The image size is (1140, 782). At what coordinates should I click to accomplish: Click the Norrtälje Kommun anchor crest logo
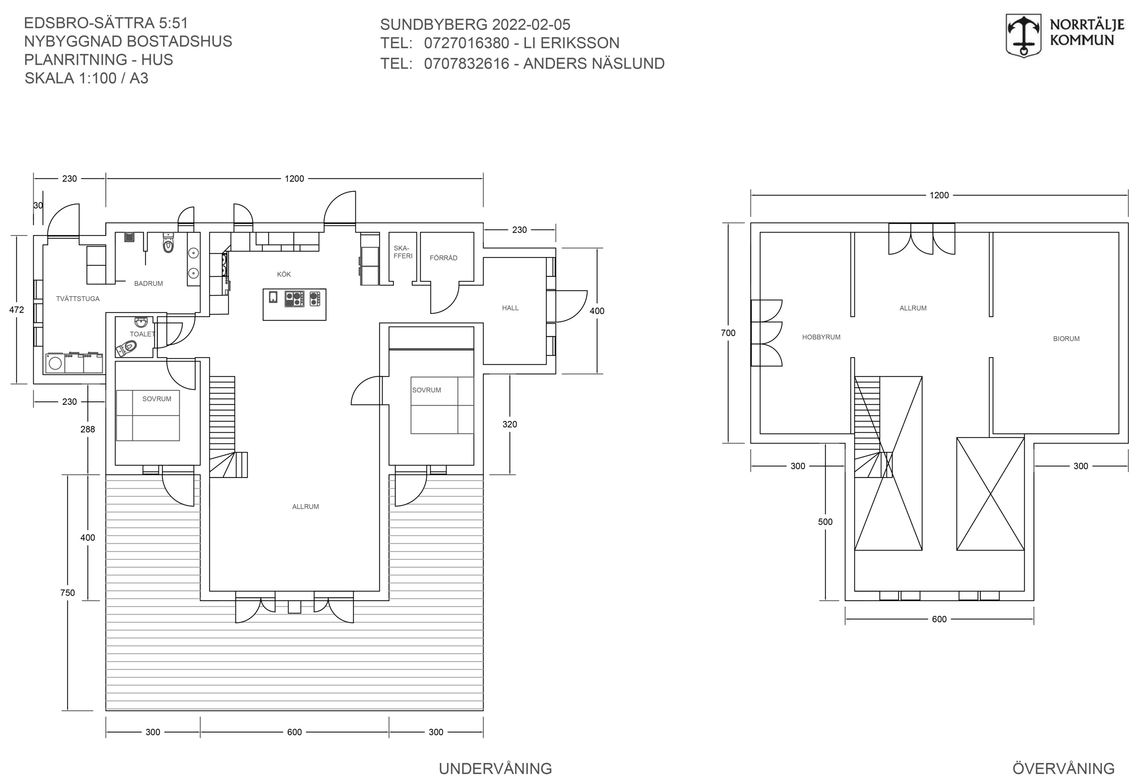1023,36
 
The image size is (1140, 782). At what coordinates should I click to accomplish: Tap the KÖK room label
284,274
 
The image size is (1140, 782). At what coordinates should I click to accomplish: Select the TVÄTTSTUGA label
78,299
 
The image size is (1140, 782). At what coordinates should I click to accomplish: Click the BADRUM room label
149,283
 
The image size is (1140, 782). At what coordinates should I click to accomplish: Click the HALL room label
510,308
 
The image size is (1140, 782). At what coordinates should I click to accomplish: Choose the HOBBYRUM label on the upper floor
821,337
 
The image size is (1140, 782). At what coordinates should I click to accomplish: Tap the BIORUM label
1067,339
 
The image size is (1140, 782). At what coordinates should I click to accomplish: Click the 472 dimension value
17,310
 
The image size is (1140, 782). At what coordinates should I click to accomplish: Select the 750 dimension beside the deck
68,593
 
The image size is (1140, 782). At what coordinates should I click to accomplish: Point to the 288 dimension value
88,429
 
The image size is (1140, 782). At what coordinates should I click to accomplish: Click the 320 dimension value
510,424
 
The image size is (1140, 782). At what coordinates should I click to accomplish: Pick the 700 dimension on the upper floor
729,333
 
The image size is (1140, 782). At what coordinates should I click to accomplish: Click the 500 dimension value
826,522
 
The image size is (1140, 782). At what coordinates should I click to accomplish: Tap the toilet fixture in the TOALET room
126,349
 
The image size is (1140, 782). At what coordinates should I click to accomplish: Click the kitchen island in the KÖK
294,305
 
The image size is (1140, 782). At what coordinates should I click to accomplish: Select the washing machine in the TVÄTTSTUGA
55,363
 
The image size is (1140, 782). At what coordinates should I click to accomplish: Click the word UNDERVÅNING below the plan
495,769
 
